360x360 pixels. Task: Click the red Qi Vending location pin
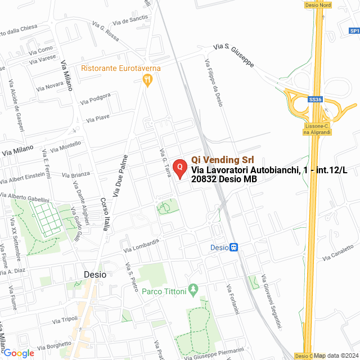[x=179, y=168]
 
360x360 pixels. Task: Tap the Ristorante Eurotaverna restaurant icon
[x=148, y=80]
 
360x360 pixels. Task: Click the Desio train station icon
[x=234, y=247]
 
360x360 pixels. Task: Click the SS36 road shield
[x=316, y=100]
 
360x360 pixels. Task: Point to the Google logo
[x=19, y=353]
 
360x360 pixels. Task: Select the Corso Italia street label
[x=105, y=214]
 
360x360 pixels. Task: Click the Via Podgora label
[x=95, y=99]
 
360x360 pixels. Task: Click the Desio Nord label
[x=317, y=4]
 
